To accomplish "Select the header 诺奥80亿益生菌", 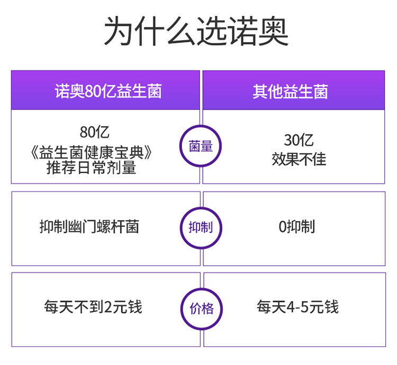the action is click(108, 91).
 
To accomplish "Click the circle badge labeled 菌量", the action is click(200, 146).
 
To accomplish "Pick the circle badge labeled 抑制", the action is click(200, 228).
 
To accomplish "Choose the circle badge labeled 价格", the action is click(200, 308).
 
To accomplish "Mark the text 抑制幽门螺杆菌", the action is click(89, 227).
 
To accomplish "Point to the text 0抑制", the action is click(296, 227).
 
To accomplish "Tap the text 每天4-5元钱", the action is click(297, 307).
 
